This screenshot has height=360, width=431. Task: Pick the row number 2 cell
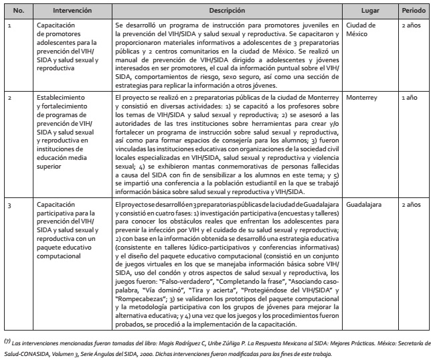click(10, 98)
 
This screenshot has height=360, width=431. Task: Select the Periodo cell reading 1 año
click(409, 98)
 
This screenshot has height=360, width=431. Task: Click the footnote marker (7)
click(6, 339)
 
